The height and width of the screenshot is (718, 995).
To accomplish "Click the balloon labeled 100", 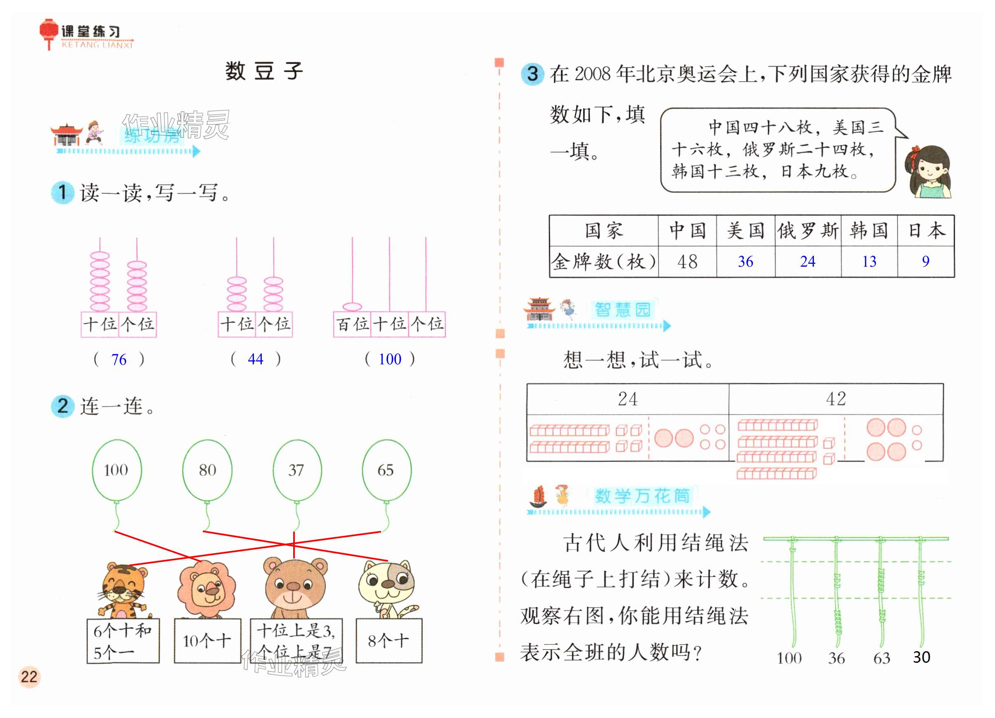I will click(116, 470).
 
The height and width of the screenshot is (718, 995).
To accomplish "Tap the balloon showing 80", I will click(207, 470).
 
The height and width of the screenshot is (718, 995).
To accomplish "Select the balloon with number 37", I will click(296, 470).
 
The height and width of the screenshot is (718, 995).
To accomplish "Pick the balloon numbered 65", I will click(386, 470).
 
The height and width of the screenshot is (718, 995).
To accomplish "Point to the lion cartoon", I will click(206, 588).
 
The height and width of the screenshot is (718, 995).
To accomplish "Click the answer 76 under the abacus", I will click(119, 360).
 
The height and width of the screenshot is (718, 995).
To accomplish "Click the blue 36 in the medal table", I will click(746, 261).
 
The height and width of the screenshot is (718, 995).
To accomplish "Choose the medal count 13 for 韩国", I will click(869, 261).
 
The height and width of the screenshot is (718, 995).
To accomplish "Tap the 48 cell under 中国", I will click(687, 262).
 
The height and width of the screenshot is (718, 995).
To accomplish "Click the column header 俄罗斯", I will click(808, 231).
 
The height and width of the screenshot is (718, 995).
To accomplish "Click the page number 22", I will click(29, 676).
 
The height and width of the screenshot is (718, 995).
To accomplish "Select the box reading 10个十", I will click(207, 641).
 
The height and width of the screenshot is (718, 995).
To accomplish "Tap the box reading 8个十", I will click(389, 641).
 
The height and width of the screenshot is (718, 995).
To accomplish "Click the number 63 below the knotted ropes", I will click(881, 658).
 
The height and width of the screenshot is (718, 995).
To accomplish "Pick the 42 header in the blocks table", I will click(836, 399).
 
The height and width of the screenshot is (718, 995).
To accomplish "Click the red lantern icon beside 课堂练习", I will click(48, 32).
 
